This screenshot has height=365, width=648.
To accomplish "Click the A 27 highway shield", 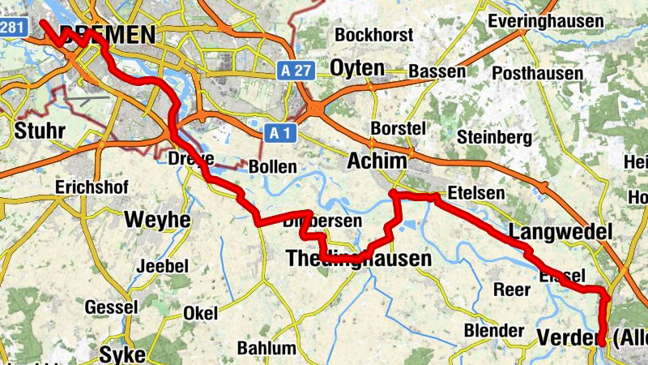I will [x=297, y=71].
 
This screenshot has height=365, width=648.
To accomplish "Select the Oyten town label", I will [x=357, y=69].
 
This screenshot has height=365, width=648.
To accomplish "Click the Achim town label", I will [x=376, y=162].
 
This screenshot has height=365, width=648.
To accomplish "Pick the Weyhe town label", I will [x=157, y=220].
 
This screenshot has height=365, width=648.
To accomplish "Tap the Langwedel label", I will [x=560, y=233].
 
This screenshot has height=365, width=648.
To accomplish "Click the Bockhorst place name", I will [x=374, y=36].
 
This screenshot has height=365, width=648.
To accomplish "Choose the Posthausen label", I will [x=537, y=74].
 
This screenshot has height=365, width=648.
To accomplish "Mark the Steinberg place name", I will [x=494, y=136].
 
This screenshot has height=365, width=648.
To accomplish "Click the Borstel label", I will [x=398, y=128].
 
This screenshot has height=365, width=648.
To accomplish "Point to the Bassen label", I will [x=437, y=71].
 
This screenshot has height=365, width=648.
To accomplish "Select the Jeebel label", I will [x=163, y=266].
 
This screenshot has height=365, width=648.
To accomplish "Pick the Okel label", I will [x=201, y=312].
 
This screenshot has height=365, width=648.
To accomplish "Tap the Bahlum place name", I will [x=266, y=349].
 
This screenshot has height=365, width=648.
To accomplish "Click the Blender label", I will [x=494, y=330].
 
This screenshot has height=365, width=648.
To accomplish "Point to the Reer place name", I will [x=512, y=290].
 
